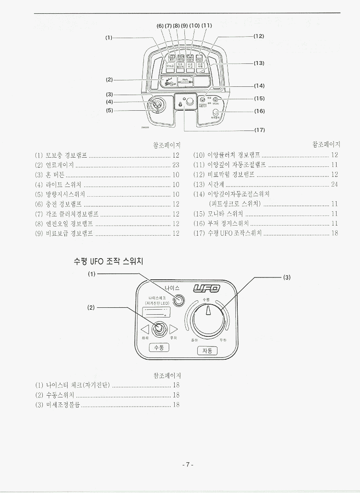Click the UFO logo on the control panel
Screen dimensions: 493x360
207,289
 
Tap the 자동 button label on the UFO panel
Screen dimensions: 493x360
207,351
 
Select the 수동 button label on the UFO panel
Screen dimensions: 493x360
160,347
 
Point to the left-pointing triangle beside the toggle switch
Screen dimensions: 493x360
145,329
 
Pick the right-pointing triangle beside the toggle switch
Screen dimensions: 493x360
173,329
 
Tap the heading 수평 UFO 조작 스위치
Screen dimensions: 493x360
109,261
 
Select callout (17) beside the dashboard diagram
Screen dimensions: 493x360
259,130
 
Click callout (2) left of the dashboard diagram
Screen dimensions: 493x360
109,79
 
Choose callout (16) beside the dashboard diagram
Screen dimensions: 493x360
259,111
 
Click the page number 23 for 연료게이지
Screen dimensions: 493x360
176,165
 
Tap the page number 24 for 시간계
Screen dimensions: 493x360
335,185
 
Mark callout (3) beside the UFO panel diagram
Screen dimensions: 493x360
286,277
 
